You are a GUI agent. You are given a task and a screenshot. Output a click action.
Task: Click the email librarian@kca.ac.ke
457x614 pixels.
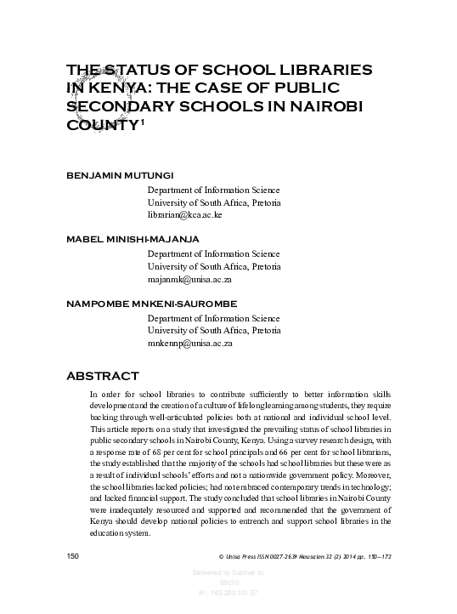tap(184, 215)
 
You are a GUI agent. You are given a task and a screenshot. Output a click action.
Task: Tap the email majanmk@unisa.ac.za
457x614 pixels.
tap(189, 279)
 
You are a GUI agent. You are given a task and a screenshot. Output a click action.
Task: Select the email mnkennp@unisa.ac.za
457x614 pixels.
tap(189, 343)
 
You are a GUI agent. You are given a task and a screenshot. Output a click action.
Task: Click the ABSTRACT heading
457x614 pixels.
tap(102, 375)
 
